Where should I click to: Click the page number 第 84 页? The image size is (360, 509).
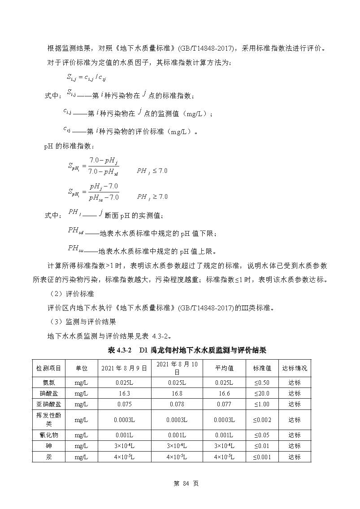pyautogui.click(x=179, y=483)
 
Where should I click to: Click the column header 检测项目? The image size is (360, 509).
pyautogui.click(x=48, y=368)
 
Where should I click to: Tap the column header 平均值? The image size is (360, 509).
pyautogui.click(x=224, y=368)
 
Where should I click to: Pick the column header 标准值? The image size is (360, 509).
pyautogui.click(x=262, y=368)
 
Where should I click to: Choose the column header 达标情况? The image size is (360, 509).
pyautogui.click(x=295, y=368)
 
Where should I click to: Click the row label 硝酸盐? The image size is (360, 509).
pyautogui.click(x=48, y=393)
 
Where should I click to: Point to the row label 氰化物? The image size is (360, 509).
pyautogui.click(x=48, y=435)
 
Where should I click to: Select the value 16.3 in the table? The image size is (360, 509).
pyautogui.click(x=124, y=393)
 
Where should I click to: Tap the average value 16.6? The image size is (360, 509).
pyautogui.click(x=224, y=393)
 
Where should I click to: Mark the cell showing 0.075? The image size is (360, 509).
pyautogui.click(x=124, y=404)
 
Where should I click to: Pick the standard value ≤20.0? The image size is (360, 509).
pyautogui.click(x=262, y=393)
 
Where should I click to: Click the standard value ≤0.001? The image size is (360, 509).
pyautogui.click(x=262, y=457)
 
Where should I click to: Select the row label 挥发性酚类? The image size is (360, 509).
pyautogui.click(x=48, y=420)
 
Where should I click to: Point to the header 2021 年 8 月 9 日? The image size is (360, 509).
pyautogui.click(x=124, y=368)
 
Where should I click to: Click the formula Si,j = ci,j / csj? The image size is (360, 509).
pyautogui.click(x=87, y=78)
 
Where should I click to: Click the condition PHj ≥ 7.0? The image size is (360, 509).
pyautogui.click(x=152, y=196)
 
